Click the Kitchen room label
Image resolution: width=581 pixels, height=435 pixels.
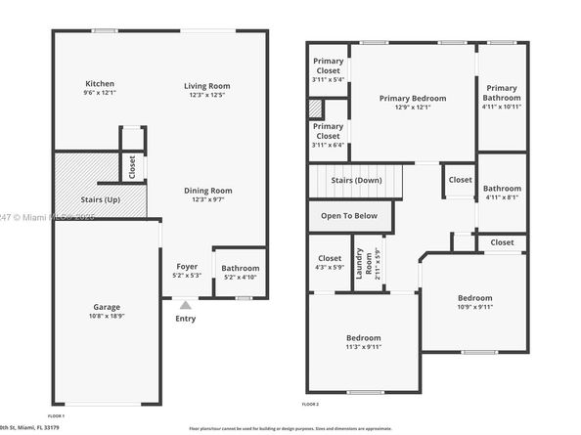(100, 84)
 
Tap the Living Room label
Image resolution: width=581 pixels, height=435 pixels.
(206, 86)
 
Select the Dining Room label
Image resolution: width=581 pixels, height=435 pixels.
(207, 191)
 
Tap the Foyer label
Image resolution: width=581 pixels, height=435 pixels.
(186, 266)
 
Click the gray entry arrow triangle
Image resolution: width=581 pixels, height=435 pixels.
(186, 305)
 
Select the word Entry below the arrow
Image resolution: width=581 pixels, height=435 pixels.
(186, 319)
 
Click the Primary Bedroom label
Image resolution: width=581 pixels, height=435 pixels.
(412, 98)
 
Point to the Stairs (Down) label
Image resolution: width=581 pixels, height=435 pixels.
(355, 180)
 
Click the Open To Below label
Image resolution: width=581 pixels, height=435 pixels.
(349, 216)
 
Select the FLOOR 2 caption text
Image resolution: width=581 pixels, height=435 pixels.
(310, 404)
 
